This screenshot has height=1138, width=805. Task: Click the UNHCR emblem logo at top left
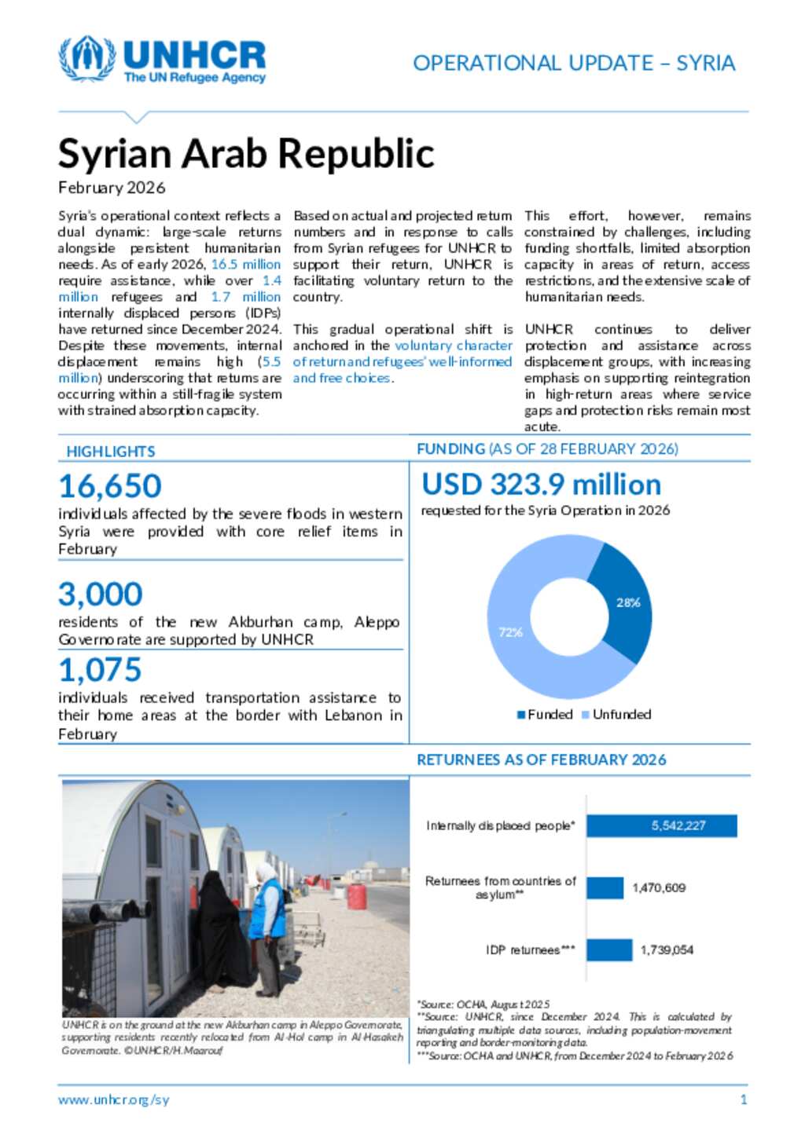pyautogui.click(x=86, y=59)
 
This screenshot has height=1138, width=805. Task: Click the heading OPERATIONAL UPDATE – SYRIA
pyautogui.click(x=574, y=63)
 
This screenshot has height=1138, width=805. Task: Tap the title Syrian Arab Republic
pyautogui.click(x=246, y=153)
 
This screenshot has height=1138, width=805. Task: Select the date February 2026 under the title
pyautogui.click(x=112, y=188)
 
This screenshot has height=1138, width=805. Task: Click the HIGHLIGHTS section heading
pyautogui.click(x=111, y=452)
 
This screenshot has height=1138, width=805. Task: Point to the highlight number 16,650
pyautogui.click(x=110, y=486)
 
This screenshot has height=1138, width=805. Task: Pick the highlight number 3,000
pyautogui.click(x=101, y=595)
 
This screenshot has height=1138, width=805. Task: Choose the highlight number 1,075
pyautogui.click(x=100, y=670)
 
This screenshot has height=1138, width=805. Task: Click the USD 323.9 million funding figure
pyautogui.click(x=541, y=485)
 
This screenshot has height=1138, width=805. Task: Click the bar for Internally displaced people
pyautogui.click(x=661, y=825)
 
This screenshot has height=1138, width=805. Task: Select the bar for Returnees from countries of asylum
pyautogui.click(x=605, y=887)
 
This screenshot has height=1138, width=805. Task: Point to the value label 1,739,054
pyautogui.click(x=667, y=950)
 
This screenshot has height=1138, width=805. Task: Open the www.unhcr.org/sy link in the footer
pyautogui.click(x=113, y=1100)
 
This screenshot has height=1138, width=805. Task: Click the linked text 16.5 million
pyautogui.click(x=245, y=265)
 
